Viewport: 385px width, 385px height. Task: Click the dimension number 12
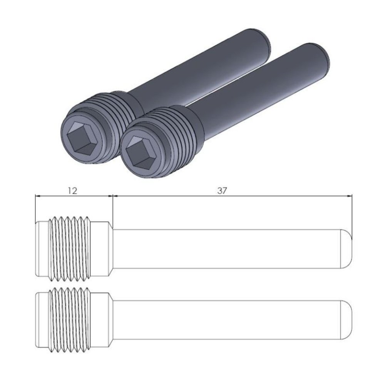[72, 191]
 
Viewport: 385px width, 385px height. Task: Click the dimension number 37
[222, 191]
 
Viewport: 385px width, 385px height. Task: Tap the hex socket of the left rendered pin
[80, 137]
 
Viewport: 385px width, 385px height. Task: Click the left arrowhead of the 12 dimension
[37, 196]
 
